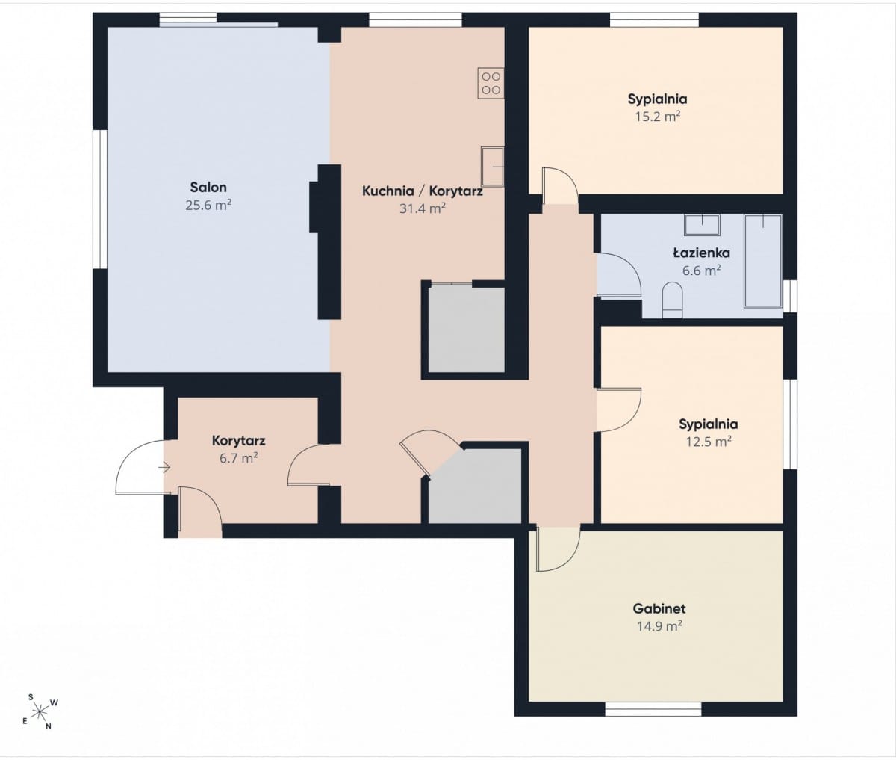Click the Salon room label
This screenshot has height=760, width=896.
point(208,188)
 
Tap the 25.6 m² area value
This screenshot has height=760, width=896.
point(208,205)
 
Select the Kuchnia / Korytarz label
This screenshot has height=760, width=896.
point(423,191)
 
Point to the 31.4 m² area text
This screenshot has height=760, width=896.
point(423,208)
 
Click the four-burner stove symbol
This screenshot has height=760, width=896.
point(491,83)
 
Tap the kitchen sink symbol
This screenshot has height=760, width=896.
point(493,167)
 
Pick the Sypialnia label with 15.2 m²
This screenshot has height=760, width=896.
point(658,99)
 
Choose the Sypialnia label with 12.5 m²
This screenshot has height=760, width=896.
point(709,424)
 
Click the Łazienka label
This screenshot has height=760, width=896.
point(701,253)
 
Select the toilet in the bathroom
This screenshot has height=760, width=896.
point(672,300)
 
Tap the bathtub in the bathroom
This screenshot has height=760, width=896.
point(763,261)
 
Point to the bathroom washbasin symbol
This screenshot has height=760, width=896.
point(702,225)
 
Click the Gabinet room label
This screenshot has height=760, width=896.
point(659,608)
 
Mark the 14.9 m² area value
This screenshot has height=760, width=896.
point(659,626)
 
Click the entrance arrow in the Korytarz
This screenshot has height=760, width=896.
point(164,468)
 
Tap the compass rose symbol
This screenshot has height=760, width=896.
point(40,711)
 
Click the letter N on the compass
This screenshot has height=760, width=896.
point(49,726)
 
